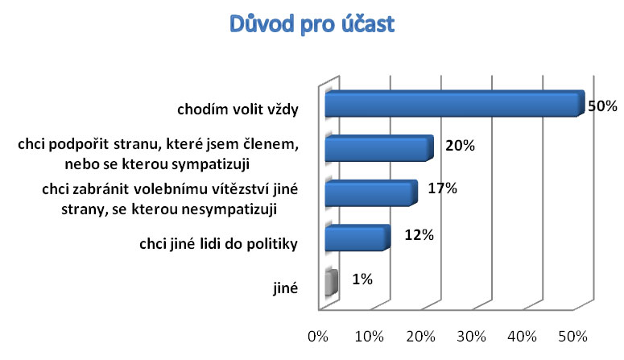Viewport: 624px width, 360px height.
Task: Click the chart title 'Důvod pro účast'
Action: pos(312,24)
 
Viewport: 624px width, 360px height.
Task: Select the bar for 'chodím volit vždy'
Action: pos(455,104)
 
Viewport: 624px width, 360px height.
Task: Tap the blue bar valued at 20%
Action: pos(379,148)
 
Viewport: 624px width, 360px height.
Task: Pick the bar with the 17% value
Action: pos(371,193)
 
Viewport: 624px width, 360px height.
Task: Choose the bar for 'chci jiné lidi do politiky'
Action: pos(357,238)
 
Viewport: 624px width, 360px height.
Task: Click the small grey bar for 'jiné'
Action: pos(332,283)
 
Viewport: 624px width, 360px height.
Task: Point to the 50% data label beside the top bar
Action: pos(602,106)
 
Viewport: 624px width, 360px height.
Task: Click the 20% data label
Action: pos(460,146)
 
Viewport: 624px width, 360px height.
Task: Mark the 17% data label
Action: pos(443,188)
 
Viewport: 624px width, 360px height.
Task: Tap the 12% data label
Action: pos(419,235)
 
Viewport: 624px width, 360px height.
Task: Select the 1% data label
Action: pos(362,279)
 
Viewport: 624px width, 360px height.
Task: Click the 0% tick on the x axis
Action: pos(318,337)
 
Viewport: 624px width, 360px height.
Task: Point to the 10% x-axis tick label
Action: pos(370,337)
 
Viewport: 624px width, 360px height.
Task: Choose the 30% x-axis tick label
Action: pos(471,337)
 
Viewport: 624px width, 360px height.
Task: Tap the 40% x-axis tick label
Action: pos(522,337)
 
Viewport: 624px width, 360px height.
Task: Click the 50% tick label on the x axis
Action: pos(572,337)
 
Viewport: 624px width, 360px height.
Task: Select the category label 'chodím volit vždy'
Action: pos(238,109)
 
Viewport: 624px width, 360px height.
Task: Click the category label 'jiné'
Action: pos(285,288)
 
